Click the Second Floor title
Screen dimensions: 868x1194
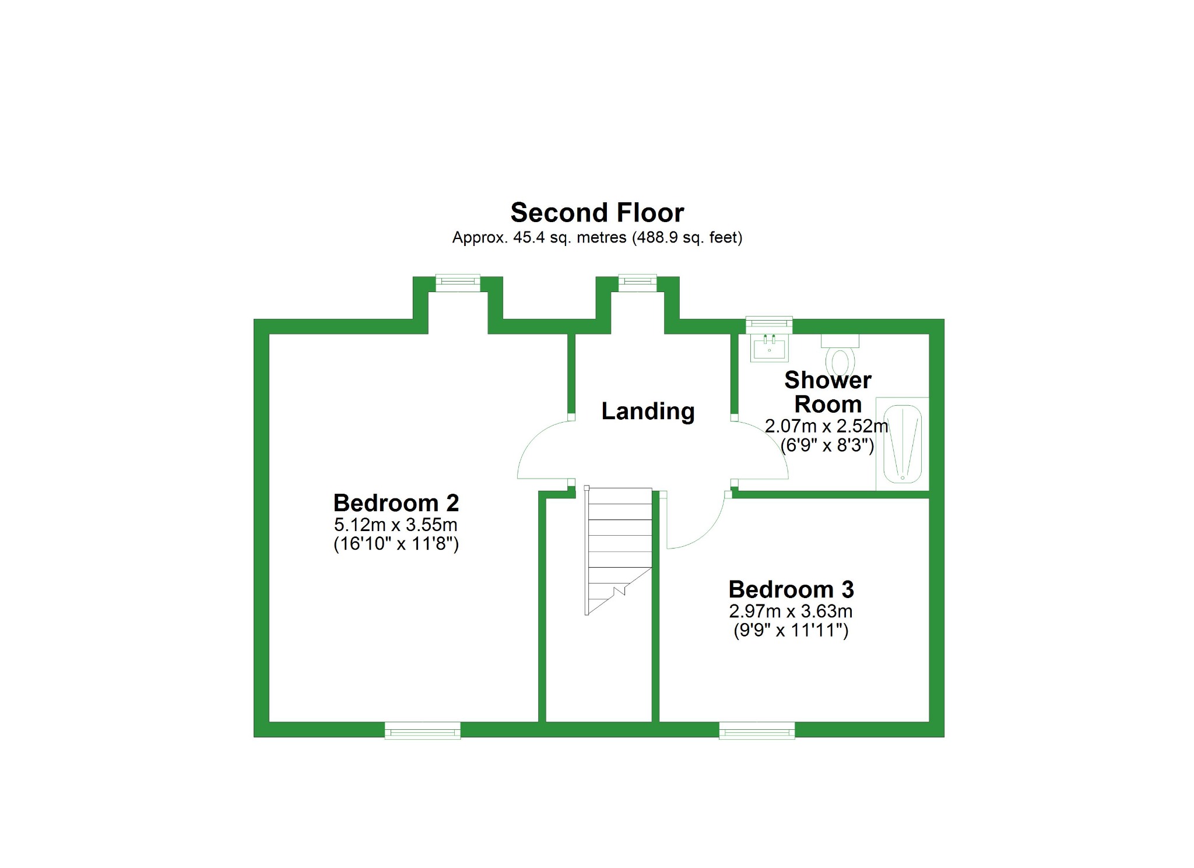click(x=597, y=213)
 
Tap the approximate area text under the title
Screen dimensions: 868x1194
click(x=597, y=238)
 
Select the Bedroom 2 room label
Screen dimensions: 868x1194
click(x=396, y=502)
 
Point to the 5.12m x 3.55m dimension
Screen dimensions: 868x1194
click(x=396, y=525)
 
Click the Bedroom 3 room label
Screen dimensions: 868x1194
click(x=791, y=589)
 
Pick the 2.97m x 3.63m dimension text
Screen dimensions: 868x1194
click(x=791, y=612)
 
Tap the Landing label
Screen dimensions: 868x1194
click(x=648, y=411)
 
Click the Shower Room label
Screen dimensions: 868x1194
click(x=828, y=392)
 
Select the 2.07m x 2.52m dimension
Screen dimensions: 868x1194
click(x=827, y=426)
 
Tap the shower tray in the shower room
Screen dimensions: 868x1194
click(x=902, y=443)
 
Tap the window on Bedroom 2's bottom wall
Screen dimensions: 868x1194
click(x=423, y=730)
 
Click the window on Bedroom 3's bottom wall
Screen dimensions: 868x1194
click(x=757, y=730)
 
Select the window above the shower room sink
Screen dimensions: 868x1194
click(x=769, y=324)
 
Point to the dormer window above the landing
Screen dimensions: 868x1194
click(x=637, y=283)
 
